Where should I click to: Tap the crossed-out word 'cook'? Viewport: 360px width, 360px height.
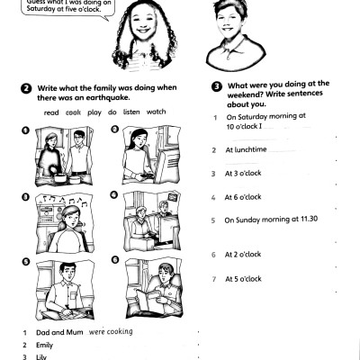(74, 112)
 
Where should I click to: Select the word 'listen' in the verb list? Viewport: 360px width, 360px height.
(130, 112)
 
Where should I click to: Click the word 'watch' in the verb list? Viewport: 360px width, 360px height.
(157, 112)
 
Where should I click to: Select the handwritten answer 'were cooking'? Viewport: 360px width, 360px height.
(112, 331)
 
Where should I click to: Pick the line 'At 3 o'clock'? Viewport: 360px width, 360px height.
(243, 173)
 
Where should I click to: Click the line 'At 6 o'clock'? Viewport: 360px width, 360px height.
(243, 196)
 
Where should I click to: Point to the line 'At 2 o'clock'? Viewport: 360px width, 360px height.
(243, 255)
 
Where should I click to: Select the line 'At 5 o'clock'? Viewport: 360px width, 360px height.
(243, 278)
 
